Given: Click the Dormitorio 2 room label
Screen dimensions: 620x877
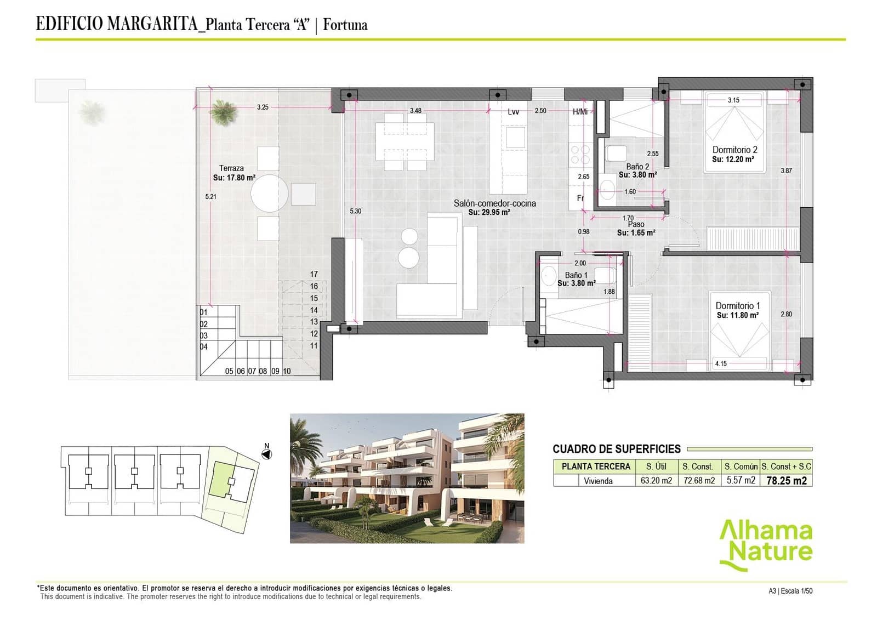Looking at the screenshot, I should point(734,150).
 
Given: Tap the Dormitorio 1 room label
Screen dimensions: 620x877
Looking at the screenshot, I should point(738,306).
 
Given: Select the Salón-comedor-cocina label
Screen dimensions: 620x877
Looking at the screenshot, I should point(494,203).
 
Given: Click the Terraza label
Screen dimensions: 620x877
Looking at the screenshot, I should point(231,168).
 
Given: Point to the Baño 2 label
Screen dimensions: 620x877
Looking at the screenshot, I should point(637,167).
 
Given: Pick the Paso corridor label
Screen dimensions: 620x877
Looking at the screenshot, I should point(636,224).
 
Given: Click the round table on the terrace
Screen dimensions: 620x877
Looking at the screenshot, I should point(269,194).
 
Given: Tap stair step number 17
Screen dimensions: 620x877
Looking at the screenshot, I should point(314,274).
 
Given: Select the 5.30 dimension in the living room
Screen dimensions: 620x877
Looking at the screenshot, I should point(355,211).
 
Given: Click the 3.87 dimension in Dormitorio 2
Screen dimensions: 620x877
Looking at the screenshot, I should point(786,170).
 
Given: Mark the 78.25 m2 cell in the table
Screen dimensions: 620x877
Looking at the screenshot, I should point(786,481).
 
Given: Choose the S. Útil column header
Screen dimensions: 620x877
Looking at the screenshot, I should point(656,467).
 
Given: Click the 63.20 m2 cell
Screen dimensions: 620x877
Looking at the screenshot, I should point(656,481).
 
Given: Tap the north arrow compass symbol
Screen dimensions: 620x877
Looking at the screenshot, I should point(267,454).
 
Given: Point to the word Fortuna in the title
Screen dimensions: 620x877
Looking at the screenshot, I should point(345,25).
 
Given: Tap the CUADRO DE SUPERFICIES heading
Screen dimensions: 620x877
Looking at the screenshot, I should point(616,449).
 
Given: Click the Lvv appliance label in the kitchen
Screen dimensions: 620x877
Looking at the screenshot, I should point(513,112).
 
